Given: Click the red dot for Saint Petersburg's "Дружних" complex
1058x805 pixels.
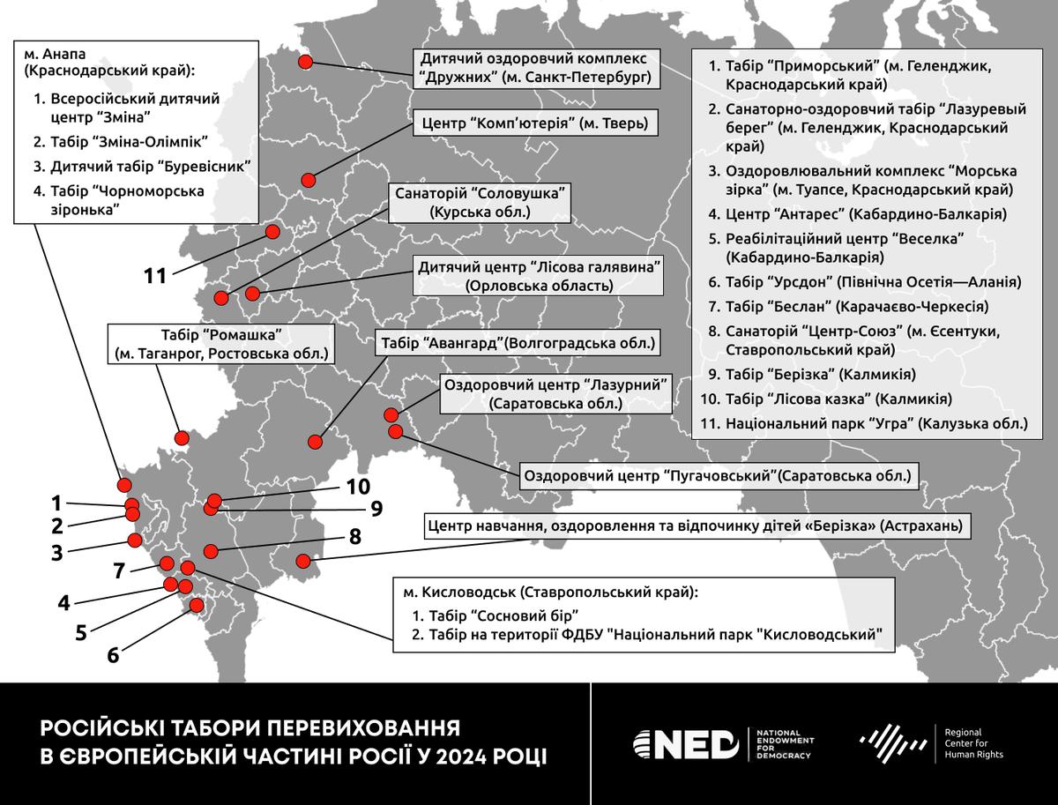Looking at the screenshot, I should [305, 62].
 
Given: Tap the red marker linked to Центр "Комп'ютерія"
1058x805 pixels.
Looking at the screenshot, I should [308, 180].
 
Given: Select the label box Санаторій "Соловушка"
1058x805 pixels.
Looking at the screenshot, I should [480, 202].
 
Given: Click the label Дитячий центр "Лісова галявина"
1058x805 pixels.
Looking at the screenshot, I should [540, 276].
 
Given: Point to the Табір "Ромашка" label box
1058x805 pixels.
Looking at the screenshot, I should [221, 344].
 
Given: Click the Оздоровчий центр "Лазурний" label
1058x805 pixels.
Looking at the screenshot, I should [555, 393].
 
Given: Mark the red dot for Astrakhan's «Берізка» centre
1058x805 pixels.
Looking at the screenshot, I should [303, 561].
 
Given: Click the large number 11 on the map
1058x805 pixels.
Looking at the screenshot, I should [155, 276].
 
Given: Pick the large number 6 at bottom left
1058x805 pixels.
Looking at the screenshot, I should [112, 655].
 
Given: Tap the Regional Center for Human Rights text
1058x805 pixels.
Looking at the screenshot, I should [972, 743].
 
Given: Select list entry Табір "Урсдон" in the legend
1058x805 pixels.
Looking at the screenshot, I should [873, 283].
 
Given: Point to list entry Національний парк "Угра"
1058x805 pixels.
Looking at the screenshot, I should [876, 423].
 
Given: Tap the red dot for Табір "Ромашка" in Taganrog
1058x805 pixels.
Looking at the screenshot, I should [182, 438].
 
